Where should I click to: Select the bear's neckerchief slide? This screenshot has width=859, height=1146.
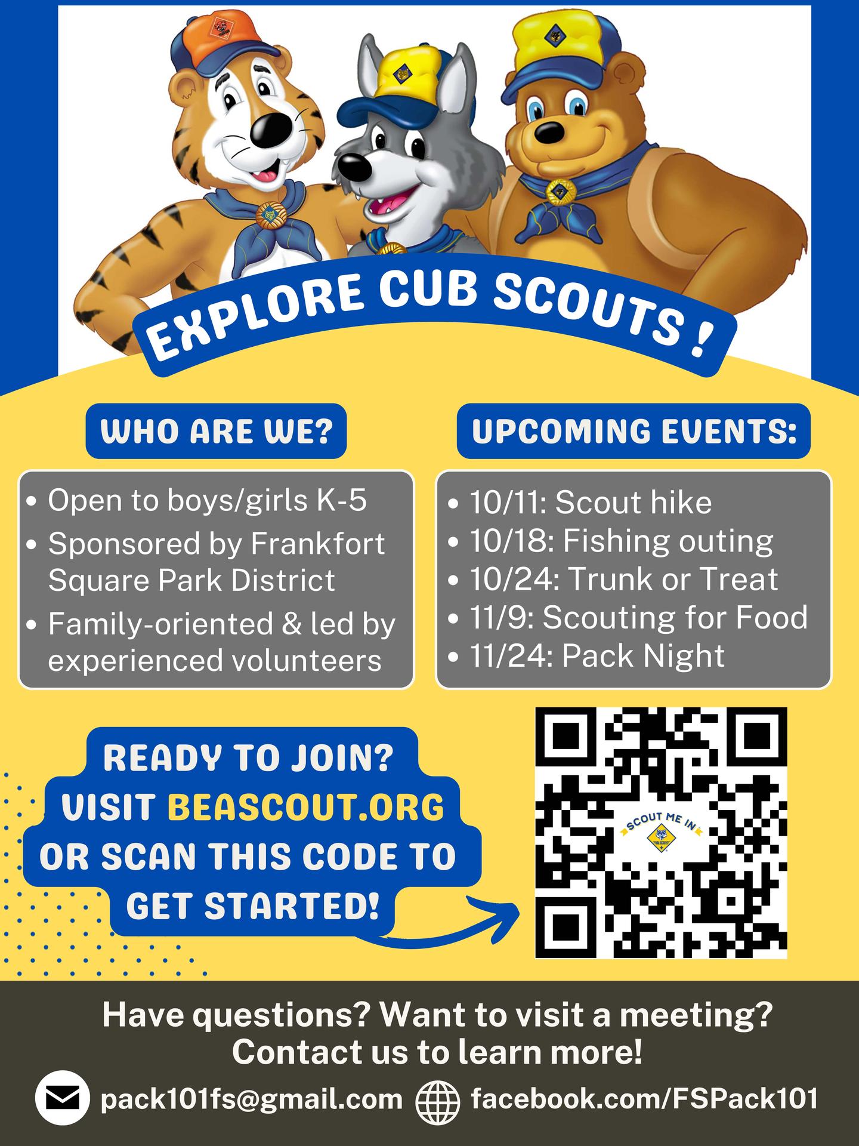[560, 192]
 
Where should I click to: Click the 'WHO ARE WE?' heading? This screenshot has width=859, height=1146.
[217, 431]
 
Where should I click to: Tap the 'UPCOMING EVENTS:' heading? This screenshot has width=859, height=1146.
[634, 431]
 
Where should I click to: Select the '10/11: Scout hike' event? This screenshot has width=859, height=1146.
[591, 503]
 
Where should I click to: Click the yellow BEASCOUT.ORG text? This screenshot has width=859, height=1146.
[307, 808]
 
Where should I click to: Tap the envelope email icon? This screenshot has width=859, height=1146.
[63, 1099]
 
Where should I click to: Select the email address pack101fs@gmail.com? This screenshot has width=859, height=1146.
[252, 1099]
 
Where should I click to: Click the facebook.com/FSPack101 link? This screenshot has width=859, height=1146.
[644, 1098]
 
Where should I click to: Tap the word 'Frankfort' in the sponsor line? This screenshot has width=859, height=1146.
[317, 543]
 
